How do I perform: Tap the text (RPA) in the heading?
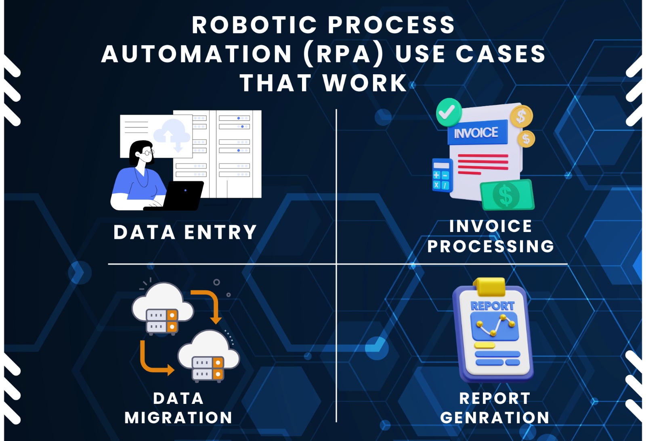coord(344,54)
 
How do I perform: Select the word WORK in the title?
coord(365,83)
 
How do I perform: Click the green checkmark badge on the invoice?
coord(449,112)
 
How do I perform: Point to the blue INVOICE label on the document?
coord(477,132)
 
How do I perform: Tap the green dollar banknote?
coord(507,195)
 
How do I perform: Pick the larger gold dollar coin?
coord(521,116)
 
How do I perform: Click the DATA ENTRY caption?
coord(185,232)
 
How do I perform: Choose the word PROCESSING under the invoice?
coord(491,247)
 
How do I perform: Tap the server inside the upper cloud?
coord(162,321)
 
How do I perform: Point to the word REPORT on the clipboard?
coord(493,306)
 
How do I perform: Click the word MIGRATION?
coord(178,418)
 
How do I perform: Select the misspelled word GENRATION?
coord(495,418)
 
